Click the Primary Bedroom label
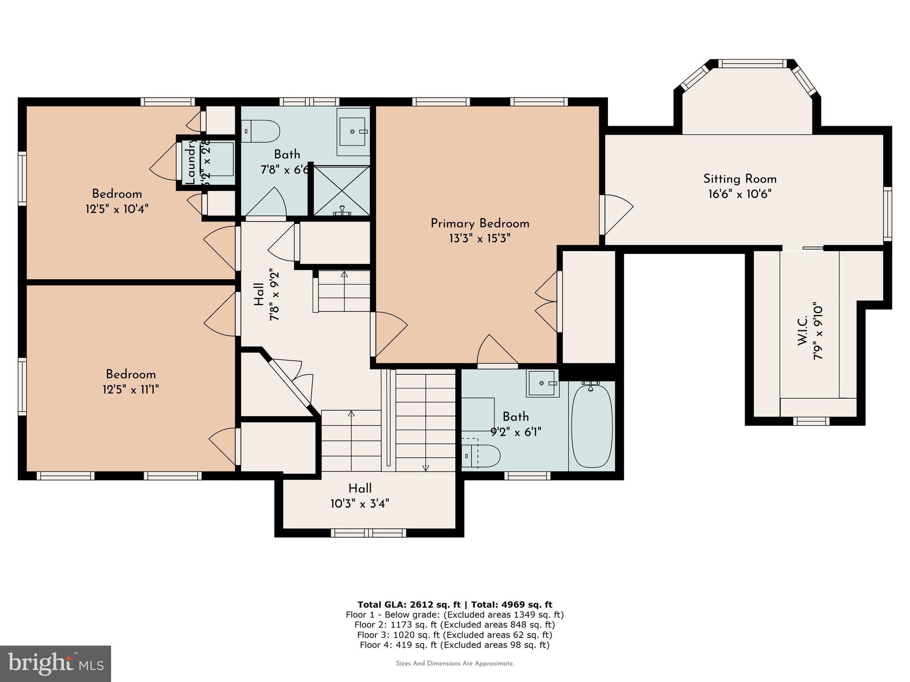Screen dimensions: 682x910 click(x=479, y=223)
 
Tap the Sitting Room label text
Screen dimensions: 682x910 click(x=739, y=179)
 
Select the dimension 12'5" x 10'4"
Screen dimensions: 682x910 click(x=117, y=209)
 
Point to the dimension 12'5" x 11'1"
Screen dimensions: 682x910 click(x=131, y=389)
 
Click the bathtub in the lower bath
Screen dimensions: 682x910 click(x=591, y=426)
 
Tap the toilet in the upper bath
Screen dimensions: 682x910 click(x=263, y=131)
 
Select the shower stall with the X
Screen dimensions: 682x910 click(x=342, y=190)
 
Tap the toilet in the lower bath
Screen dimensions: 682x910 click(x=482, y=456)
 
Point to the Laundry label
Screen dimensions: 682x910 click(x=190, y=162)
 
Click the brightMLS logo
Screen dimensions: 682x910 click(x=55, y=664)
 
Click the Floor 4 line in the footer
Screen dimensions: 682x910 click(x=455, y=645)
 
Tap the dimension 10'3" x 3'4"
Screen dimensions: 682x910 click(x=360, y=504)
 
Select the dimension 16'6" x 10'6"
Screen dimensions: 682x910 click(x=739, y=194)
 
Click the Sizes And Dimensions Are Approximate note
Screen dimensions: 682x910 click(x=455, y=663)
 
